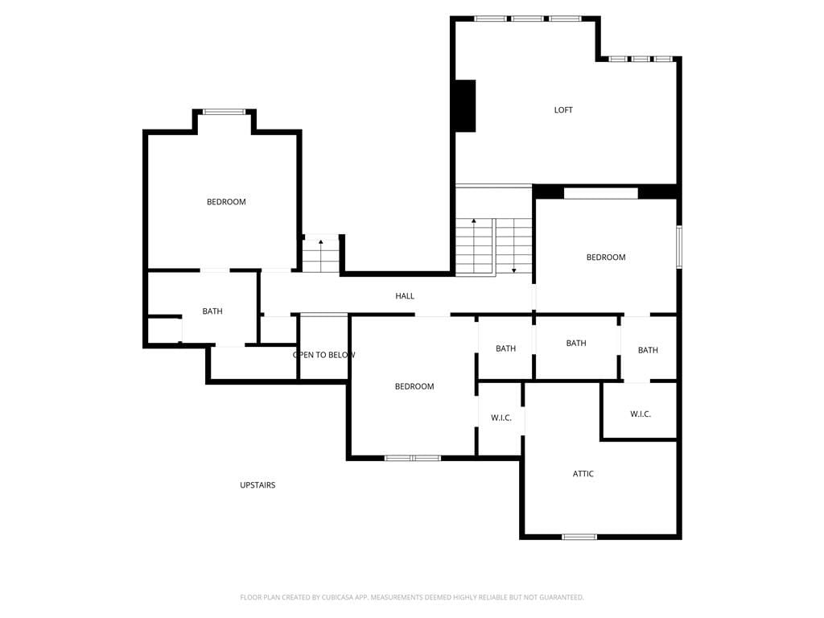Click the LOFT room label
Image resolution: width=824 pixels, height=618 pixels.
tap(563, 109)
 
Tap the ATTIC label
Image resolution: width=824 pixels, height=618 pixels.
tap(583, 473)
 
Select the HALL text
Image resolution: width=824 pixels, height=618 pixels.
tap(405, 296)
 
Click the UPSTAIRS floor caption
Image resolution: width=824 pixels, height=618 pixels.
tap(257, 485)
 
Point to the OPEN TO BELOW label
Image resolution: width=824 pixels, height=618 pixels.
tap(324, 355)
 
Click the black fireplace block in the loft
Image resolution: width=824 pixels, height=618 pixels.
tap(466, 105)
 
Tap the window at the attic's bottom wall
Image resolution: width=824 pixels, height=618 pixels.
tap(579, 537)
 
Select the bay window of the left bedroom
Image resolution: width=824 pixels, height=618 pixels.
tap(225, 111)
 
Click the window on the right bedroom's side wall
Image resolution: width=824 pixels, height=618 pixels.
tap(679, 247)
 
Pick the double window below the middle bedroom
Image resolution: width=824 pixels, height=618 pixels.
tap(413, 458)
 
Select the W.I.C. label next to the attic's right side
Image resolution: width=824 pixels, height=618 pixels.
tap(641, 414)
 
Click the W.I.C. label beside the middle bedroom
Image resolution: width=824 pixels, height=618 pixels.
tap(501, 418)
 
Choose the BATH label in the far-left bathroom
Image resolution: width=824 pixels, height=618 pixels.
tap(212, 311)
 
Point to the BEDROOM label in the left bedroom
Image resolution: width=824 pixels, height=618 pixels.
tap(226, 202)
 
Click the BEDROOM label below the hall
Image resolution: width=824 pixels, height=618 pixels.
tap(414, 386)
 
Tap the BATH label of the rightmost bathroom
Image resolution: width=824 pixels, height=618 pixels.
tap(648, 350)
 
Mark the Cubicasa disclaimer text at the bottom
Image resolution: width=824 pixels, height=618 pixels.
tap(412, 597)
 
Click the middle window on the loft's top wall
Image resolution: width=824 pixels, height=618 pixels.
tap(528, 19)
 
